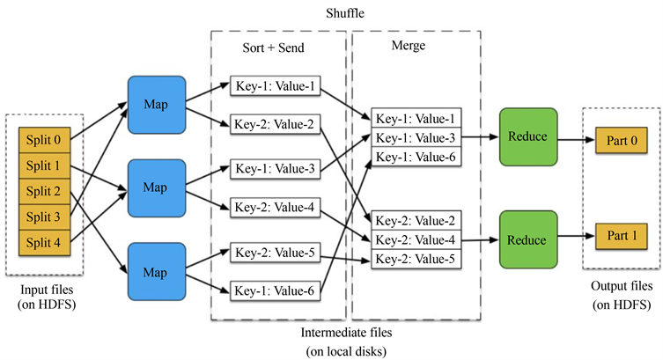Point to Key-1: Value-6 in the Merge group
(x=414, y=156)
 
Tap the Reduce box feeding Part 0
(x=527, y=137)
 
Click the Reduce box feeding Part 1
(x=527, y=239)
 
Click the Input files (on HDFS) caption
(x=44, y=298)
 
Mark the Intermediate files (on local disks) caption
(x=349, y=342)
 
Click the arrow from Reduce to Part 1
(x=574, y=238)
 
